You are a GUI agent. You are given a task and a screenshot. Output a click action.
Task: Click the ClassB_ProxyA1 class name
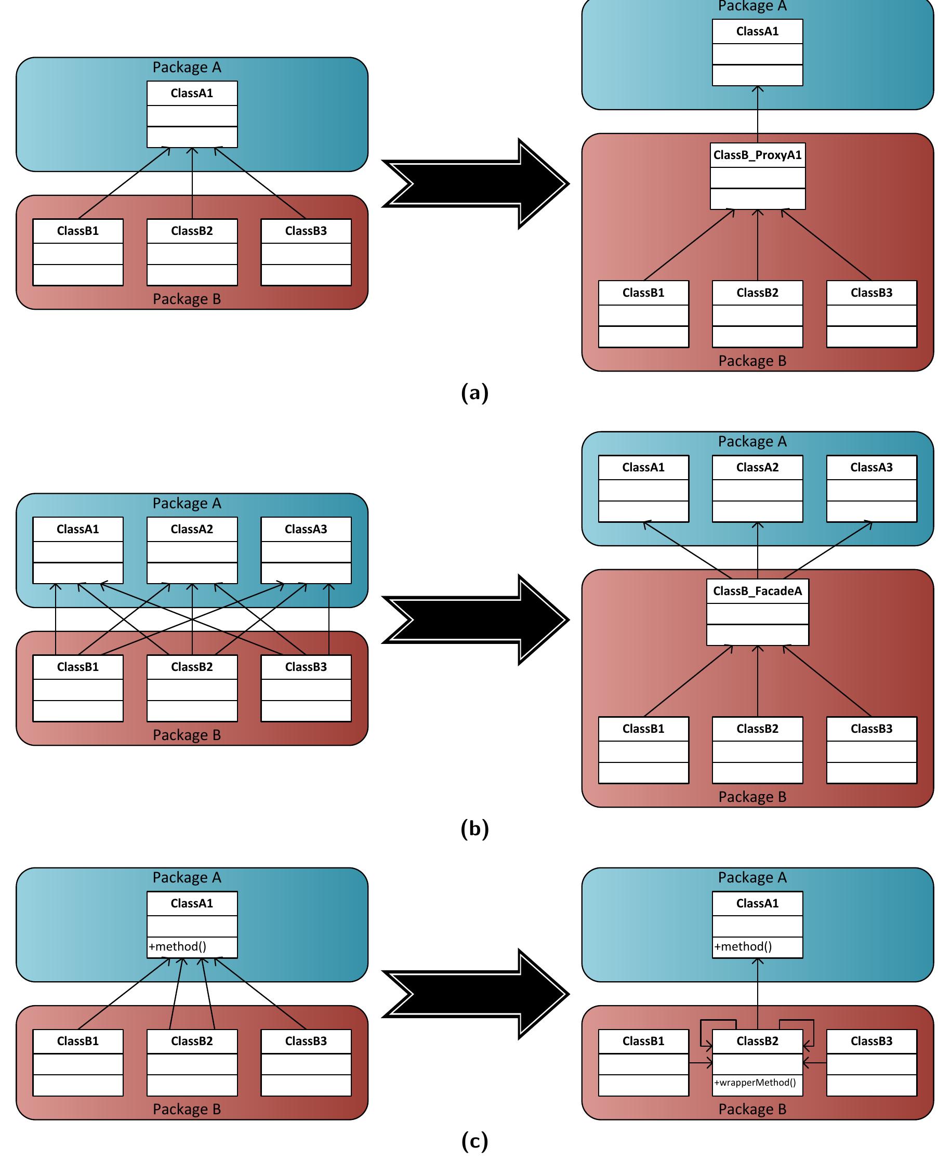[x=757, y=155]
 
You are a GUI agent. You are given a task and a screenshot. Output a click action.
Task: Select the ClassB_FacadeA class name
[x=757, y=591]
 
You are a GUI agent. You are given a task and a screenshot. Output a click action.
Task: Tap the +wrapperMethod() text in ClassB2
[x=755, y=1083]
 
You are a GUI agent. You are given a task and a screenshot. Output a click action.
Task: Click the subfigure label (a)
[x=474, y=392]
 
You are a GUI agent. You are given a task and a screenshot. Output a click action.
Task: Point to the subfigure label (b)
[x=474, y=828]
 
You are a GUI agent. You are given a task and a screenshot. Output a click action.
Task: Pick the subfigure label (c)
[x=474, y=1140]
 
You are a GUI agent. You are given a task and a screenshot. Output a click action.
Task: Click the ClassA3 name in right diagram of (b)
[x=871, y=467]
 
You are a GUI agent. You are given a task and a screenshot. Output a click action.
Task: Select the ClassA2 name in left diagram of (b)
[x=192, y=530]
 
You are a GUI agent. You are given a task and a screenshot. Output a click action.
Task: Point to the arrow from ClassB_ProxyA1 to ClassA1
[x=757, y=114]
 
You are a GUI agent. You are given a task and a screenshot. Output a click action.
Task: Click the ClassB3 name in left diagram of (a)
[x=306, y=231]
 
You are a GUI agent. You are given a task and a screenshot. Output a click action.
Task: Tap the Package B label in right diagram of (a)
[x=752, y=361]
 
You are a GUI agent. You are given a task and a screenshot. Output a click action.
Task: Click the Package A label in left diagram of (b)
[x=187, y=503]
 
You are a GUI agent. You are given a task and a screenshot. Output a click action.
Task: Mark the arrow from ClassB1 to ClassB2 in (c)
[x=700, y=1062]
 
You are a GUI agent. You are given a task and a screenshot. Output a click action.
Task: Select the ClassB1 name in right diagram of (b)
[x=643, y=729]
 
